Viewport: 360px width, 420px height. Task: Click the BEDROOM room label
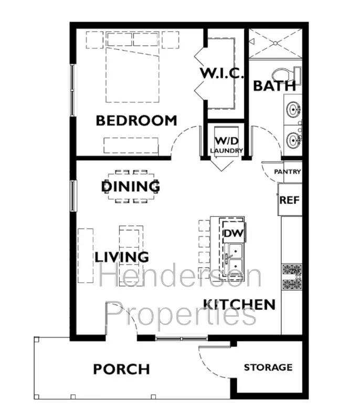(136, 120)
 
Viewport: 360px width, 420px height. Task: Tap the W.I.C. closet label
(222, 73)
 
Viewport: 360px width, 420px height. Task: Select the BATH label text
(274, 86)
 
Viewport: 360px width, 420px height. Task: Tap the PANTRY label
(288, 172)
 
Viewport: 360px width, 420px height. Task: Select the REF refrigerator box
(289, 199)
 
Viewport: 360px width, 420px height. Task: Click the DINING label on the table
(131, 186)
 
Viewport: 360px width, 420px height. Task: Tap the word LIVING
(122, 257)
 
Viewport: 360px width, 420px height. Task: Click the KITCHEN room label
(239, 304)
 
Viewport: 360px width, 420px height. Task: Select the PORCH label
(121, 369)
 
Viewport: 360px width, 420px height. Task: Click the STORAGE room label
(268, 367)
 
